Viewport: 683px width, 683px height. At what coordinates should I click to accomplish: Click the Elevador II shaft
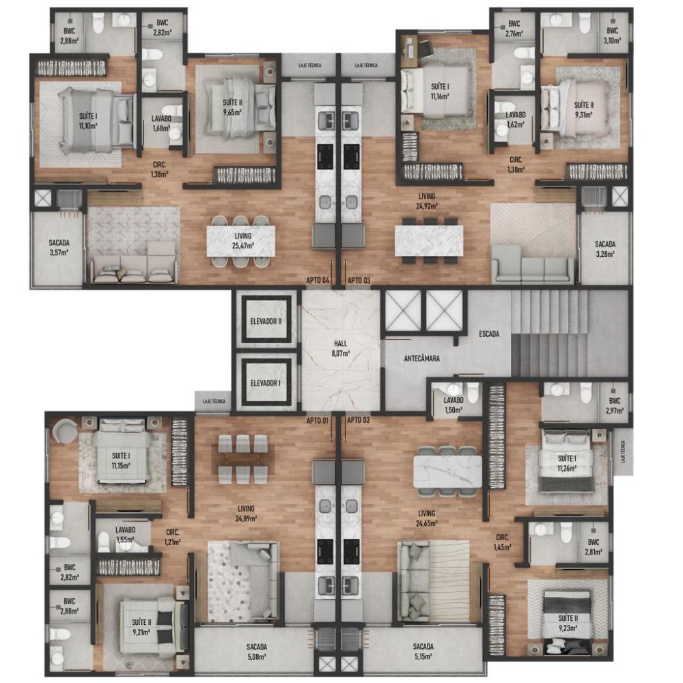pyautogui.click(x=266, y=320)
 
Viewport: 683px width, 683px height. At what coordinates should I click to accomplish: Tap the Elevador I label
pyautogui.click(x=266, y=383)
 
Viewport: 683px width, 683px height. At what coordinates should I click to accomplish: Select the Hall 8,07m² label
pyautogui.click(x=340, y=348)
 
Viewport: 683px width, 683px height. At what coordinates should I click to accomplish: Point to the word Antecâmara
pyautogui.click(x=421, y=359)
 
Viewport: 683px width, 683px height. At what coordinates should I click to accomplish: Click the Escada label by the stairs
pyautogui.click(x=489, y=334)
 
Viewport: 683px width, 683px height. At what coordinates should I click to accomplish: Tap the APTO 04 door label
pyautogui.click(x=318, y=280)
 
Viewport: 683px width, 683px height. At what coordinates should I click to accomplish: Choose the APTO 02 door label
pyautogui.click(x=359, y=420)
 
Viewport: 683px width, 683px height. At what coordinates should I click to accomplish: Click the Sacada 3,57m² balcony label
pyautogui.click(x=59, y=247)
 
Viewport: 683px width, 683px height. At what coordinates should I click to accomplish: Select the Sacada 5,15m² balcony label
pyautogui.click(x=423, y=651)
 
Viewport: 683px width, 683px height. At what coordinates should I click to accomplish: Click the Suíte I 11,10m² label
pyautogui.click(x=88, y=121)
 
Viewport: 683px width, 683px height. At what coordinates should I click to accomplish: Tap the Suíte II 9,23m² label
pyautogui.click(x=568, y=623)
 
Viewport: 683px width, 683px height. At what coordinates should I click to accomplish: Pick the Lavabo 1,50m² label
pyautogui.click(x=454, y=404)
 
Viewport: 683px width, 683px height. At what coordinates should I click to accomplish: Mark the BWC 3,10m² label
pyautogui.click(x=612, y=36)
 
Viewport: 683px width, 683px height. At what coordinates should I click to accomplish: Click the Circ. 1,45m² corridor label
pyautogui.click(x=502, y=542)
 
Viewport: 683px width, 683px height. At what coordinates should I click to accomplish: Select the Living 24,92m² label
pyautogui.click(x=427, y=201)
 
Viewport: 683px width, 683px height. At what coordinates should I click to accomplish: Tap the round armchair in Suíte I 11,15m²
pyautogui.click(x=64, y=431)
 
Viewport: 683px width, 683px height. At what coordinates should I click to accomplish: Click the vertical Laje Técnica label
pyautogui.click(x=624, y=451)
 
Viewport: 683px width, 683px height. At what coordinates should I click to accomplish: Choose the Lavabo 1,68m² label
pyautogui.click(x=161, y=123)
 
